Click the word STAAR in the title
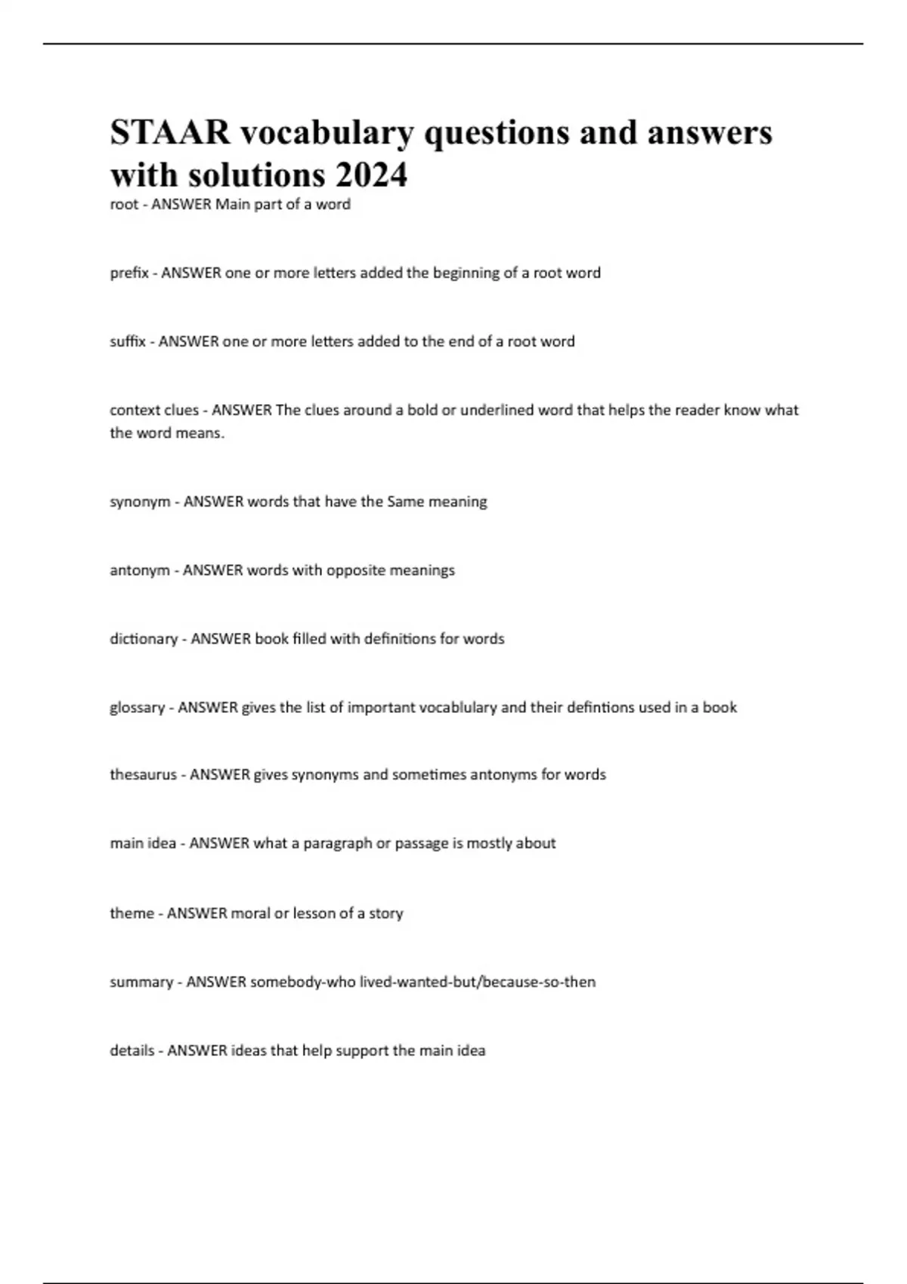coord(170,133)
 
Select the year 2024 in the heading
coord(371,175)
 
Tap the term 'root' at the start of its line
coord(124,205)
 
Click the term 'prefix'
coord(129,273)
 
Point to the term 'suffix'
coord(128,341)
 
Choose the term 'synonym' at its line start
coord(140,502)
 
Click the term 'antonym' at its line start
coord(140,570)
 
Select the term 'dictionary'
coord(144,639)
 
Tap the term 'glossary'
coord(137,708)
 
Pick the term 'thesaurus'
coord(143,775)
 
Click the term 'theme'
coord(132,913)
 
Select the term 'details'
coord(132,1051)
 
